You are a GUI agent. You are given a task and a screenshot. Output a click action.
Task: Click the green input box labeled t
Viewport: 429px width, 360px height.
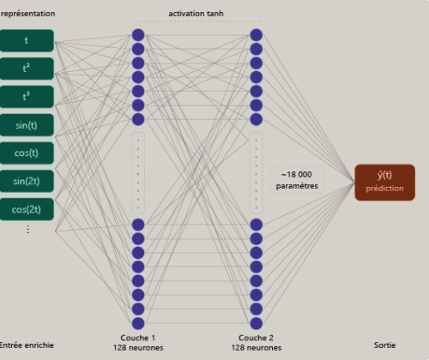tap(27, 40)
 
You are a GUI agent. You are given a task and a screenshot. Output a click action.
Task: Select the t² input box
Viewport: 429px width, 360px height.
tap(27, 69)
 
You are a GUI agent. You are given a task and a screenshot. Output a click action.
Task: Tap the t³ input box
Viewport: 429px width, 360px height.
tap(27, 97)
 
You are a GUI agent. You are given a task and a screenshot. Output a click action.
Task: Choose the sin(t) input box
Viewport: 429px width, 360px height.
tap(27, 125)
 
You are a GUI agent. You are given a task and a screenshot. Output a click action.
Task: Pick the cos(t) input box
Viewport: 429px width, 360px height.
tap(27, 153)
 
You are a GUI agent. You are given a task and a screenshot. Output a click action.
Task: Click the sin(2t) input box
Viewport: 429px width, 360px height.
tap(27, 181)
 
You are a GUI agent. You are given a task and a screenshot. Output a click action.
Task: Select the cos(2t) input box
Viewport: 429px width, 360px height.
tap(27, 209)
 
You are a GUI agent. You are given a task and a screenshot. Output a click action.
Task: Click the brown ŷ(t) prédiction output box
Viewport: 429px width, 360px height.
tap(384, 183)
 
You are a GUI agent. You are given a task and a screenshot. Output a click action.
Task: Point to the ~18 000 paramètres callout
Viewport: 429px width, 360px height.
tap(297, 180)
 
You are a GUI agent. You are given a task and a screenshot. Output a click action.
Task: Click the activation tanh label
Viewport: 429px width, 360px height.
tap(196, 14)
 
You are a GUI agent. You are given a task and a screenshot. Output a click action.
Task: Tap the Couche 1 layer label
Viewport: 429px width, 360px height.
tap(138, 338)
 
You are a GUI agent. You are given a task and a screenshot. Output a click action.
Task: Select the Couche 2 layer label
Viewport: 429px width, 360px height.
tap(256, 338)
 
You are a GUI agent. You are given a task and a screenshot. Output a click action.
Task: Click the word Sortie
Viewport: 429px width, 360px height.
tap(384, 345)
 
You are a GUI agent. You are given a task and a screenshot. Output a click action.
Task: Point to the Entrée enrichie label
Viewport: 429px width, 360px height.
tap(27, 345)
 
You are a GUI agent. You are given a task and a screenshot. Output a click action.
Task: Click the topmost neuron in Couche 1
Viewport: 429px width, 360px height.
tap(138, 35)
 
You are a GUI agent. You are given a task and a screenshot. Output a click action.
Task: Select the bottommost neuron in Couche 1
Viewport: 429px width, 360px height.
tap(138, 323)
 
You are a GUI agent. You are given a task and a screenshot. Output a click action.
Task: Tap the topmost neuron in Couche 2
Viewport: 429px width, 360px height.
tap(257, 35)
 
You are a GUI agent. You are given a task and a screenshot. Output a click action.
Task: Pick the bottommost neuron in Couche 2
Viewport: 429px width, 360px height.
tap(257, 323)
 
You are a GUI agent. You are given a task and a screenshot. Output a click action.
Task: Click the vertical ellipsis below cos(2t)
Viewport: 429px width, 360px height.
tap(27, 229)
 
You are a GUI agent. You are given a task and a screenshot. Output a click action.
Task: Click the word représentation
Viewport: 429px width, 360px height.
tap(27, 14)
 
